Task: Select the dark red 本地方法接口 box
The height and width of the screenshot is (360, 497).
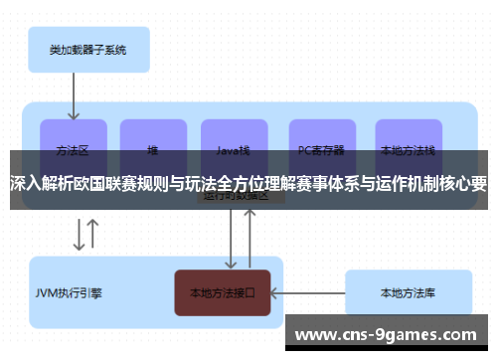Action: pyautogui.click(x=223, y=293)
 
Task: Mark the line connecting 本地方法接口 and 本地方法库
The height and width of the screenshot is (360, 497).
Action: pyautogui.click(x=308, y=293)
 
